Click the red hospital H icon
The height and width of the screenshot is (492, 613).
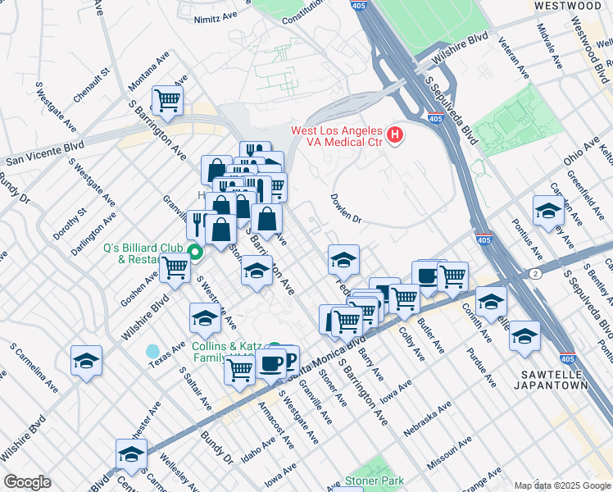[395, 134]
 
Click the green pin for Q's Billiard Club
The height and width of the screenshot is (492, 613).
[195, 252]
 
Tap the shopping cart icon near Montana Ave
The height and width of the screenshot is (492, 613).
[168, 100]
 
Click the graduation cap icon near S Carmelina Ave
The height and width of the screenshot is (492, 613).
[86, 360]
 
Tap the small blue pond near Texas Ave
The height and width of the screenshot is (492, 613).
[152, 352]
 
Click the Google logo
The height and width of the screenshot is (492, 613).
[27, 482]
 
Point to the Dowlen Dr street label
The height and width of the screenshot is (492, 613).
[345, 208]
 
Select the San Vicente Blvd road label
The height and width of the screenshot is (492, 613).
[45, 151]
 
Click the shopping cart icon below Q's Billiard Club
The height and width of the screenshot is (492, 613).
[175, 267]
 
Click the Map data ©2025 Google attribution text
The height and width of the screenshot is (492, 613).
[561, 485]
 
